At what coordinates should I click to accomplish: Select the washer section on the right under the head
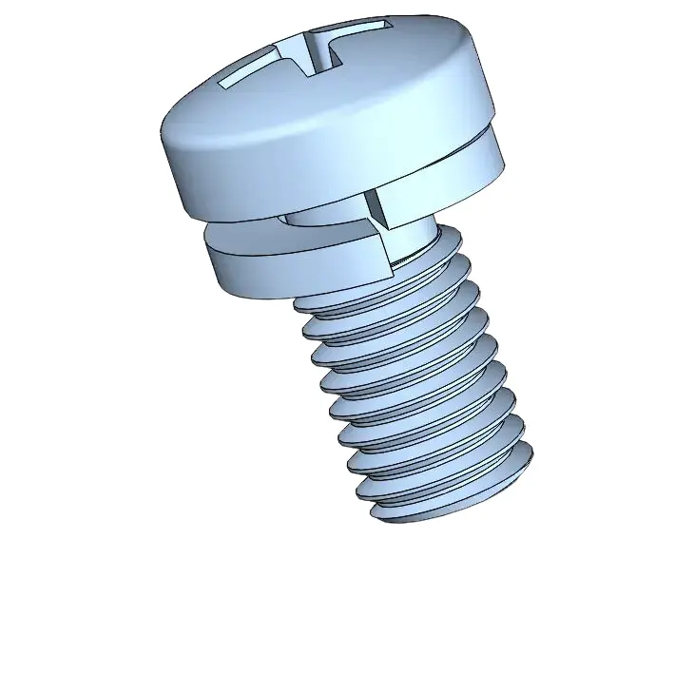tap(466, 171)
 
